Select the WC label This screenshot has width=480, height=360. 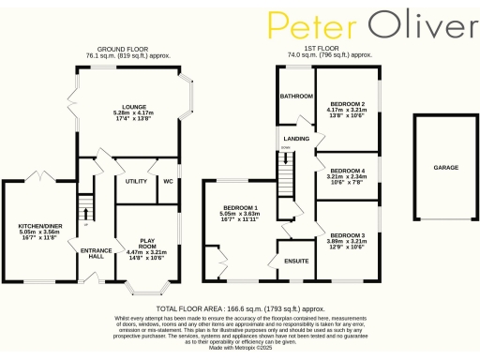coord(168,181)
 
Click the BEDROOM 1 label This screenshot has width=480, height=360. coord(240,207)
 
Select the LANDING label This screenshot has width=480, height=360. coord(297,139)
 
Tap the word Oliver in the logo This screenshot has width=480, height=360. coord(417,25)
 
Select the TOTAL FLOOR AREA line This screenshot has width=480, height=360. coord(240,307)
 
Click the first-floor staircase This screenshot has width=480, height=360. coord(285,174)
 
